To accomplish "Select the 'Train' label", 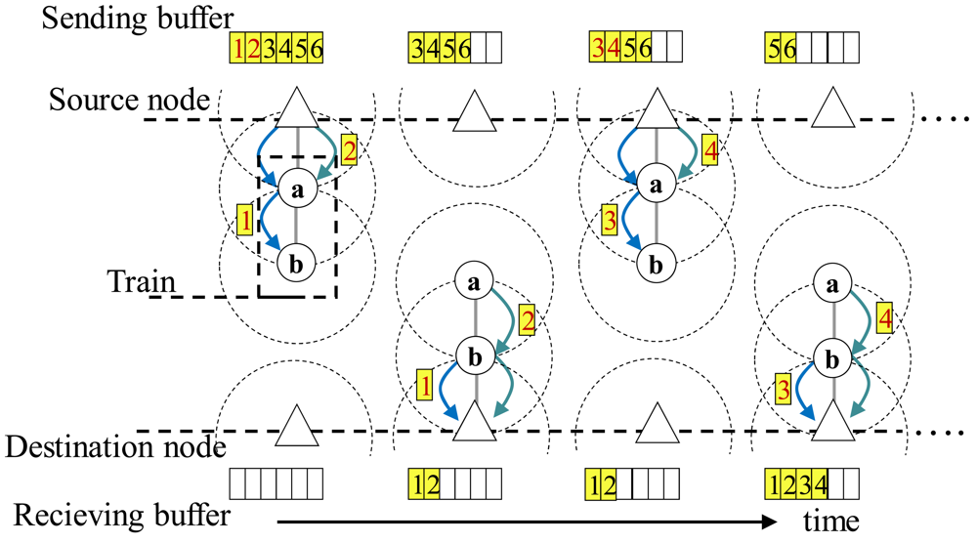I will (142, 283).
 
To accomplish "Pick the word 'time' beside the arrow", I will (831, 519).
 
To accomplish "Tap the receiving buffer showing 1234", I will (812, 483).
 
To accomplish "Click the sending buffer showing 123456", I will (275, 47).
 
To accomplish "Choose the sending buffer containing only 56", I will (812, 47).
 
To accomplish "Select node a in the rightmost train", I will (832, 285).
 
